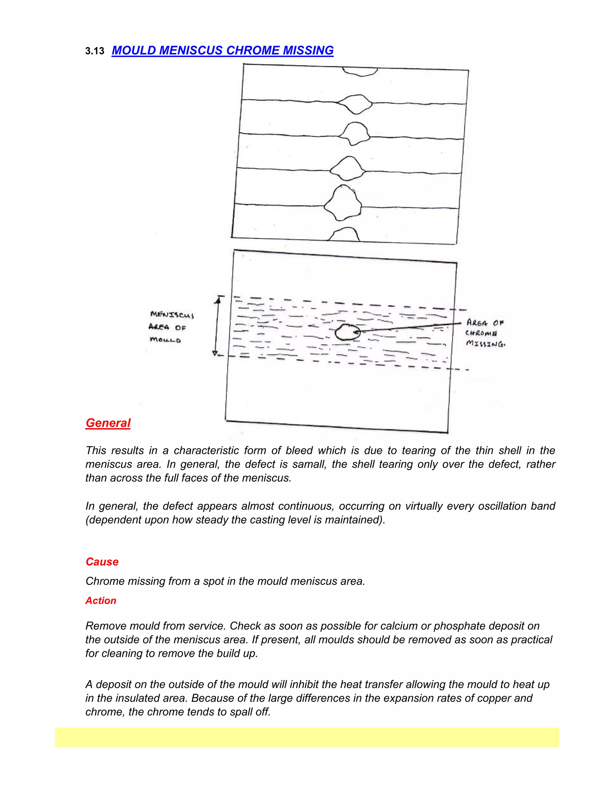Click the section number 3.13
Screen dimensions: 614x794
click(94, 51)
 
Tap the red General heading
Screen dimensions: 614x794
click(108, 423)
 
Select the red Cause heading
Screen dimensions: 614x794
click(102, 562)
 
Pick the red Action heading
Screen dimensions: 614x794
click(101, 600)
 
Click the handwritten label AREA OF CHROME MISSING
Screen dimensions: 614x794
click(485, 333)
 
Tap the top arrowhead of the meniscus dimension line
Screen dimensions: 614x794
click(218, 300)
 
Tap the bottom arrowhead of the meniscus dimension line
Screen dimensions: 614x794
click(215, 353)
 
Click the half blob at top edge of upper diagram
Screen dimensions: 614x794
click(360, 71)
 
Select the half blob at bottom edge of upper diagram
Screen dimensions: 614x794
click(344, 235)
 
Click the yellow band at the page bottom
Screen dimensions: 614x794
click(307, 737)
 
